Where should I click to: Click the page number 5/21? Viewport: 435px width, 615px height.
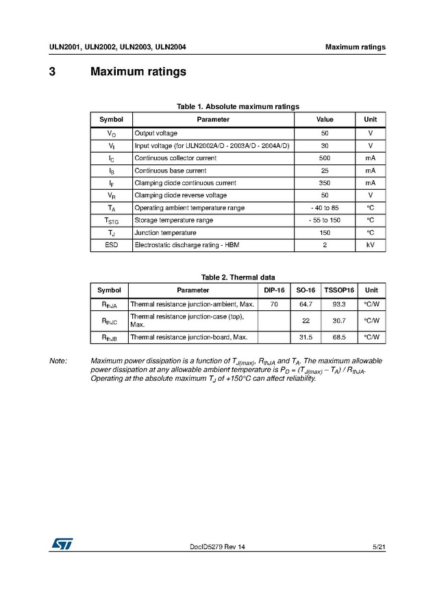(379, 547)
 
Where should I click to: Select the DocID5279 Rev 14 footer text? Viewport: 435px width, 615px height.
(217, 547)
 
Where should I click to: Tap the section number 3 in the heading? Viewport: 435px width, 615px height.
(52, 72)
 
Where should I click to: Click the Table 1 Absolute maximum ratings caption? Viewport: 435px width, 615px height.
(238, 106)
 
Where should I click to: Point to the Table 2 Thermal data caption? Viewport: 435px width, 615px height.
(238, 277)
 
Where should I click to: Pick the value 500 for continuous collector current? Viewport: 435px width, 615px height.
(325, 158)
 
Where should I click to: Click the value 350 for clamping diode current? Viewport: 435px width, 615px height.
(325, 183)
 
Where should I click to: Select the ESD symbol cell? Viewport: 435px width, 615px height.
(112, 244)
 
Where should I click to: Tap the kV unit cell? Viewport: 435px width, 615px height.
(370, 244)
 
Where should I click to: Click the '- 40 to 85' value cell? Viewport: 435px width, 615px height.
(325, 208)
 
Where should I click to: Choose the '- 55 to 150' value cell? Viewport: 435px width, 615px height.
(325, 220)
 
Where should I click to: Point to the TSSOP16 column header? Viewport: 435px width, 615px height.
(339, 290)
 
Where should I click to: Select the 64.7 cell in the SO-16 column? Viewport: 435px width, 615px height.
(306, 303)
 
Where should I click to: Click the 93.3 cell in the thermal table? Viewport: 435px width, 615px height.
(339, 303)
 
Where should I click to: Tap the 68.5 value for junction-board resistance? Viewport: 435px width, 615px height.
(339, 337)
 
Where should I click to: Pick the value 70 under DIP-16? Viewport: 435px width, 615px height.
(274, 303)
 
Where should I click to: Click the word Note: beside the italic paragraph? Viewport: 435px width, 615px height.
(58, 361)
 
